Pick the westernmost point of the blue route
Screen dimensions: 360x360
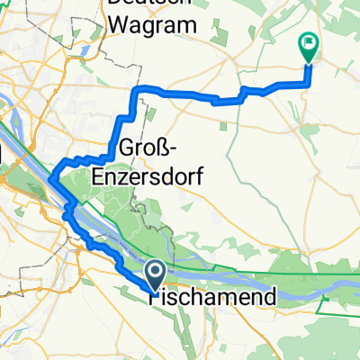51,176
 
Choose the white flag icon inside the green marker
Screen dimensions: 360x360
308,41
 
